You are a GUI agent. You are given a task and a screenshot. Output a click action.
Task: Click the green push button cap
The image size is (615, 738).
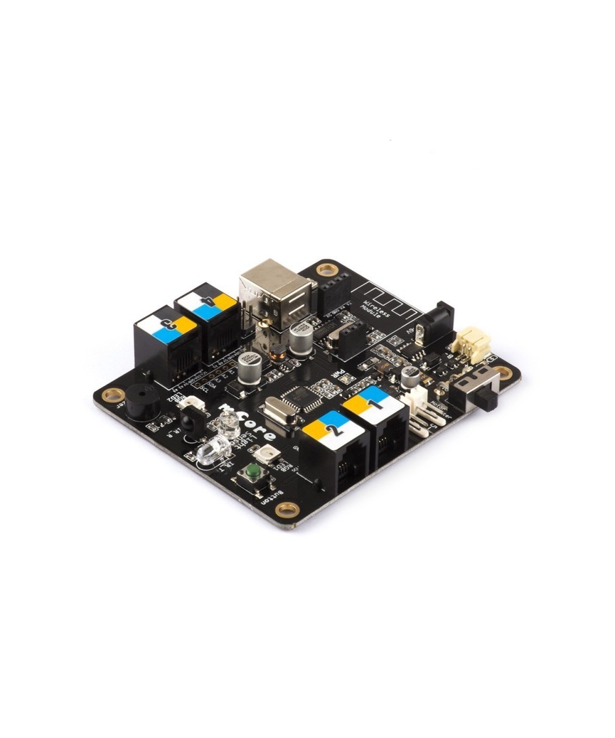[x=252, y=472]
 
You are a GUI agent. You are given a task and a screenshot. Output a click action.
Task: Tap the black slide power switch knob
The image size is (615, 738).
[x=491, y=399]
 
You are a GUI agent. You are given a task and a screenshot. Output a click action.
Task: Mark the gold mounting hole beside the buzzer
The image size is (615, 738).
[x=113, y=394]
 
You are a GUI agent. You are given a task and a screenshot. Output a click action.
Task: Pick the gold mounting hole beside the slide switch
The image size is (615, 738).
[x=504, y=371]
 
